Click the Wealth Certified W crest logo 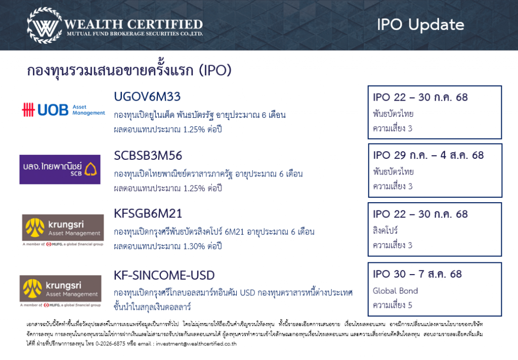point(45,25)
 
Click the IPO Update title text point(420,25)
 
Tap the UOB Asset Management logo point(63,110)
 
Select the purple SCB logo point(60,169)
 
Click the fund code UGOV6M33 point(147,97)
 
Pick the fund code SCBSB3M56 point(148,156)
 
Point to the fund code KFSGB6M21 point(148,214)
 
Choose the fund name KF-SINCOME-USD point(164,276)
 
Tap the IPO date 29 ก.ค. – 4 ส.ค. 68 point(428,155)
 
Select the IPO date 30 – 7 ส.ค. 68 point(417,274)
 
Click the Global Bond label point(396,291)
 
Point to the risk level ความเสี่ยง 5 point(393,305)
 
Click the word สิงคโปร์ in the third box point(385,230)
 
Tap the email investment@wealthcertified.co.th point(196,344)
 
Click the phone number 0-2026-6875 point(110,344)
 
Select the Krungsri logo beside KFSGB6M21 point(63,230)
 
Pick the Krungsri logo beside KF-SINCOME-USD point(61,291)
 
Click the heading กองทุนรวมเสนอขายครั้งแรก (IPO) point(129,70)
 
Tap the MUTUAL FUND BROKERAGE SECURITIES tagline point(135,34)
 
